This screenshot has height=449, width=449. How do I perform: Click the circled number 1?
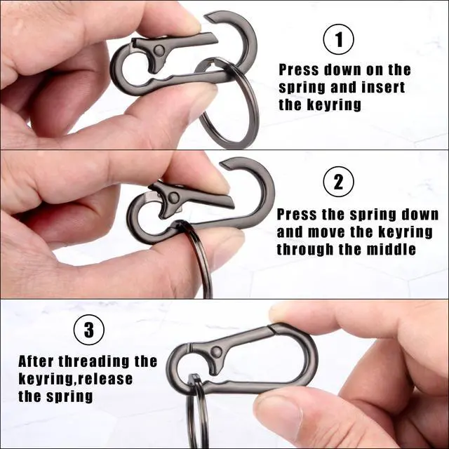[x=338, y=39]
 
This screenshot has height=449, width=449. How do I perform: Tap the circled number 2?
[x=338, y=182]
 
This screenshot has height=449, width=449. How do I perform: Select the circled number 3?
[x=89, y=330]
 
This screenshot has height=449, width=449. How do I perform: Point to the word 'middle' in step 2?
[x=391, y=249]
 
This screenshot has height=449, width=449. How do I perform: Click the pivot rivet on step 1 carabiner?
[x=159, y=51]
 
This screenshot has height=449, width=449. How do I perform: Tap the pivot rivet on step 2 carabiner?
[x=173, y=197]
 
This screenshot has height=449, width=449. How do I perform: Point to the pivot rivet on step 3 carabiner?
[x=216, y=351]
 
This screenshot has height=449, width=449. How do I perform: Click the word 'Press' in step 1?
[x=299, y=70]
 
